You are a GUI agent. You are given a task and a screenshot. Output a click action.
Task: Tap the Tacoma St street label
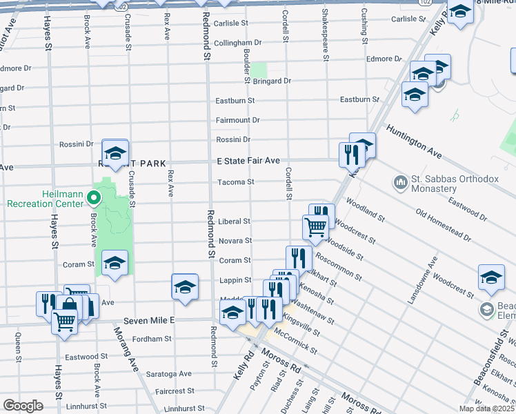click(236, 182)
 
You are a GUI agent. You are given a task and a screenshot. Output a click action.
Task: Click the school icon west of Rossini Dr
click(115, 152)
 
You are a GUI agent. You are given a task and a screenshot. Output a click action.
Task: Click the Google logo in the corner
click(23, 405)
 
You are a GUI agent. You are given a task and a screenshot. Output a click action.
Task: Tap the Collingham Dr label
click(237, 43)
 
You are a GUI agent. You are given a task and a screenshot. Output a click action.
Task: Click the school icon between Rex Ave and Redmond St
click(185, 287)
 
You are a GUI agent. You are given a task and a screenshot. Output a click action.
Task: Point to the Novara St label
click(235, 241)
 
